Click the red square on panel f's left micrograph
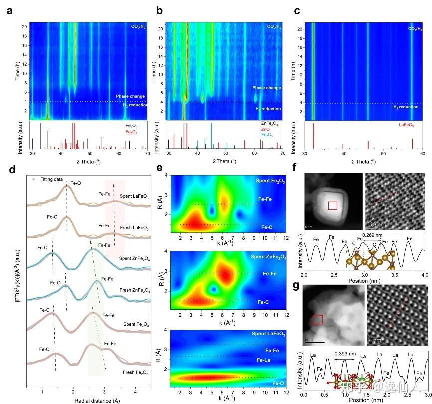(333, 205)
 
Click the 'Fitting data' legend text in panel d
(50, 179)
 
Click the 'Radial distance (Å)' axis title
(81, 400)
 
